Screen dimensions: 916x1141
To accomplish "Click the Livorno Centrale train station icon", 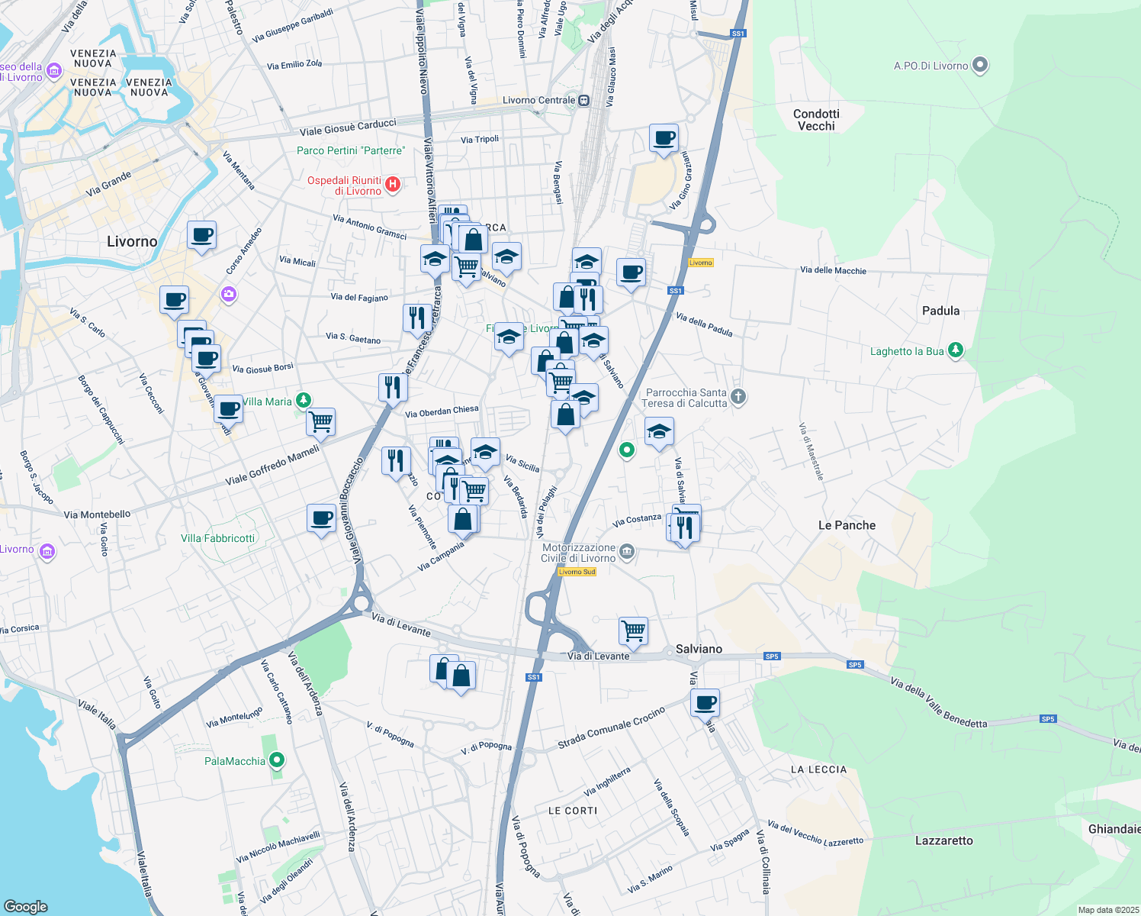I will tap(583, 100).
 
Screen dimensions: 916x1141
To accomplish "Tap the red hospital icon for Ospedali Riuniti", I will tap(393, 184).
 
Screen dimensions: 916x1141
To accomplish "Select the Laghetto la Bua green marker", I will tap(956, 350).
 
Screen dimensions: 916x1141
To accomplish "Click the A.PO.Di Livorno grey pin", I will tap(981, 66).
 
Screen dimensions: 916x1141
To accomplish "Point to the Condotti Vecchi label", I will tap(816, 120).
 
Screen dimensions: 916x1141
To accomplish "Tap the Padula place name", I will tap(940, 311).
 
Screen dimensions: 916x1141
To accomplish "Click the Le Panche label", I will tap(847, 525).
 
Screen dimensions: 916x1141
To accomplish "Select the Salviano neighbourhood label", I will tap(699, 649).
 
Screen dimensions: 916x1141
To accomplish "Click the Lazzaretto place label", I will tap(943, 840).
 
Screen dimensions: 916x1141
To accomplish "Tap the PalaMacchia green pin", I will tap(278, 760).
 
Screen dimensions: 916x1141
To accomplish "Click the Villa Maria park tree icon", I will tap(304, 400).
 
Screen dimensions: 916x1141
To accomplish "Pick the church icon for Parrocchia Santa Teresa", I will tap(738, 396).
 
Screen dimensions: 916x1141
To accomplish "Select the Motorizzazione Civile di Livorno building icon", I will tap(627, 552).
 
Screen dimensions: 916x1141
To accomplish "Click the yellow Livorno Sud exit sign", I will tap(577, 572).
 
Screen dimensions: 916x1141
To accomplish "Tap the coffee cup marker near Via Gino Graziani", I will tap(664, 138).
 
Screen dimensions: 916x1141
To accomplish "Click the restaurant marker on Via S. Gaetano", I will tap(417, 318).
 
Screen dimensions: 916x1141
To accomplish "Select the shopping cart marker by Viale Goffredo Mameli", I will tap(321, 421).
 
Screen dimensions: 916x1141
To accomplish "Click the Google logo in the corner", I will tap(25, 906).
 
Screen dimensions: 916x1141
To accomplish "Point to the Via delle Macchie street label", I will tap(833, 270).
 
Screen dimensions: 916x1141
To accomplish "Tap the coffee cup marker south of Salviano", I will tap(705, 702).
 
